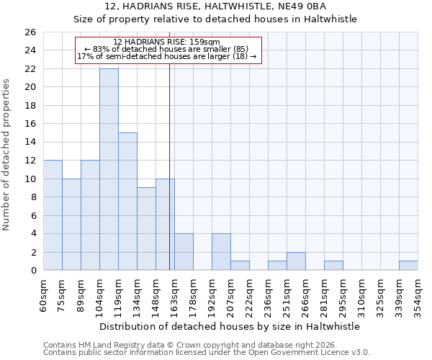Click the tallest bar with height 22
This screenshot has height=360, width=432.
point(109,169)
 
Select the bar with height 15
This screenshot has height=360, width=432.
point(127,202)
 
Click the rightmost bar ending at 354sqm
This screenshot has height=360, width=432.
point(408,266)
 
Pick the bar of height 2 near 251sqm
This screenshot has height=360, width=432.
point(296,261)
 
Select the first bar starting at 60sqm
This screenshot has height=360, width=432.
point(53,215)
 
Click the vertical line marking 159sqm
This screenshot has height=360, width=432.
point(169,166)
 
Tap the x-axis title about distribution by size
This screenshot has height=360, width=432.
point(230,326)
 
